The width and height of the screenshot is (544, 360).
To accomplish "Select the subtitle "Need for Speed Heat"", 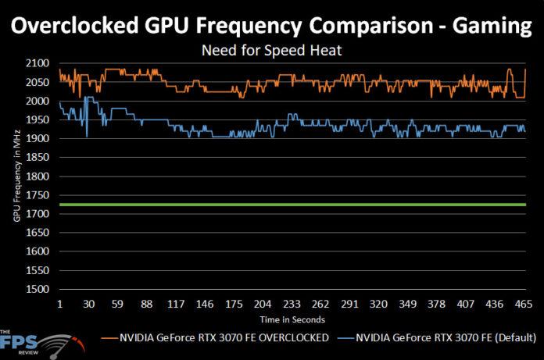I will pos(271,52).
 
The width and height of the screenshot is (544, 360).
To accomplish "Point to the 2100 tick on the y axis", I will pos(38,63).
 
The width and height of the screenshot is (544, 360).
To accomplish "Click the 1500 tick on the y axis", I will pos(38,290).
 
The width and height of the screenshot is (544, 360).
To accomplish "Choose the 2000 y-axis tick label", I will pos(38,101).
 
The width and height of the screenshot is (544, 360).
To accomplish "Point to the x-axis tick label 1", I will pos(59,305).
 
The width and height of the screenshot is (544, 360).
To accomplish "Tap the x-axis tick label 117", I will pos(177,305).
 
